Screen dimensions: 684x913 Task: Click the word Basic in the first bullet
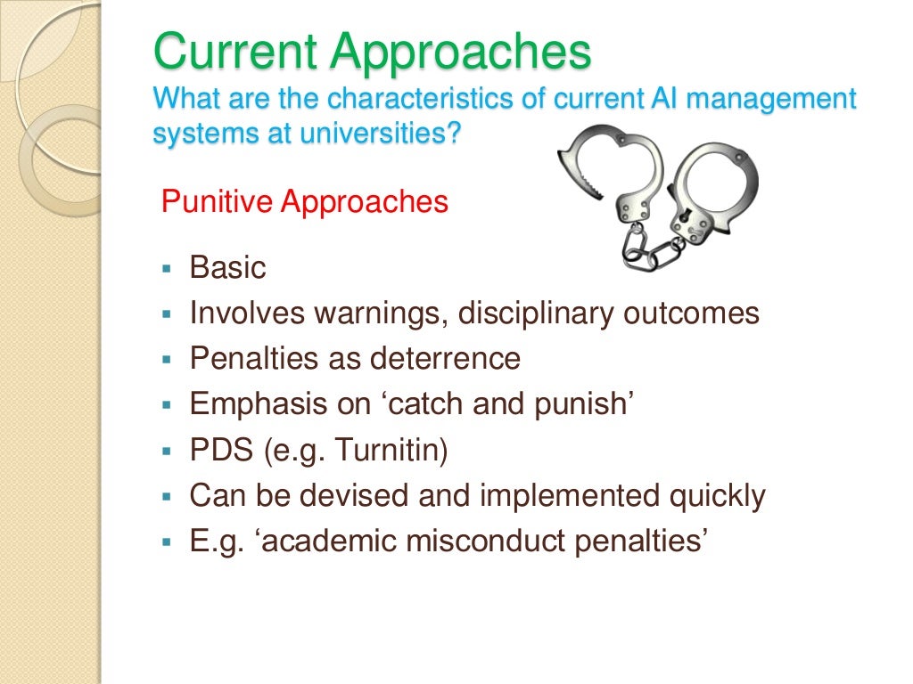click(x=227, y=267)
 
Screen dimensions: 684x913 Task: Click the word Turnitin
click(x=388, y=451)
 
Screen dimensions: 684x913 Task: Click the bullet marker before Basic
click(x=166, y=268)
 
